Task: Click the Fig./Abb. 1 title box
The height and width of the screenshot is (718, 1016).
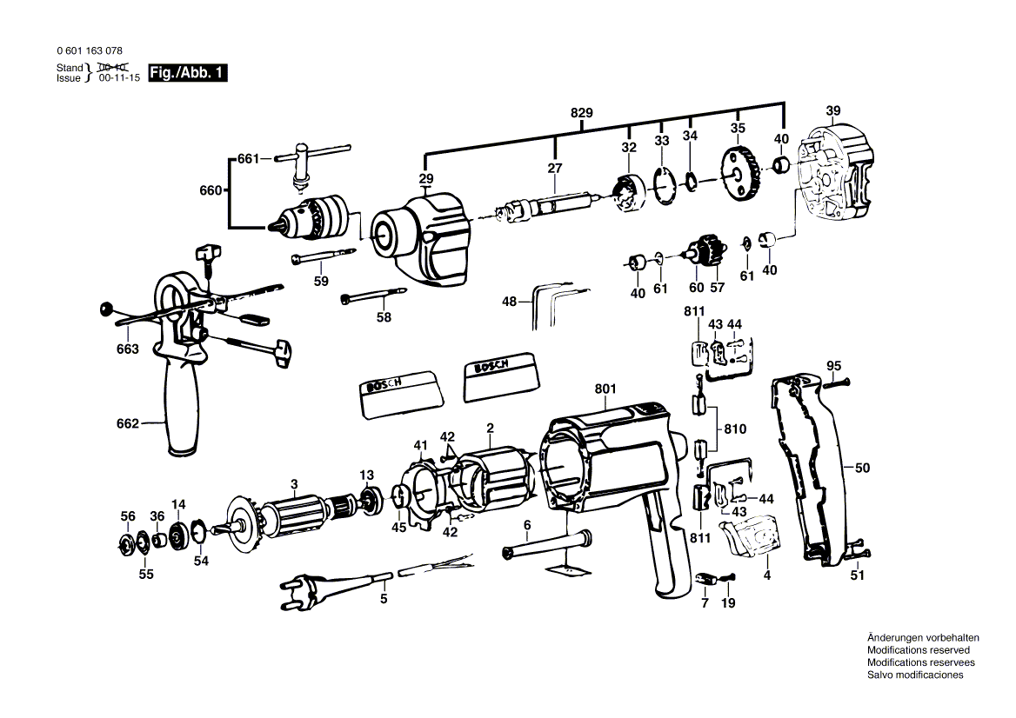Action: tap(188, 72)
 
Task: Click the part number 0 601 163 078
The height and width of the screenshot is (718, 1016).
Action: tap(90, 51)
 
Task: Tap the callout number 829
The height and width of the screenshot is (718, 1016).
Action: tap(581, 113)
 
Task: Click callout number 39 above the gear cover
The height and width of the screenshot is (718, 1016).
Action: tap(833, 110)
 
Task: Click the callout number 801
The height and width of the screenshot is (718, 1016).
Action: tap(605, 389)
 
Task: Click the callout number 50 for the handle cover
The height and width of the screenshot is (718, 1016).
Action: tap(862, 468)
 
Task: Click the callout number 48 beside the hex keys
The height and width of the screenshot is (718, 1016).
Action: tap(509, 301)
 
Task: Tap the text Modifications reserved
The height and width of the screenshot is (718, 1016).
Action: tap(919, 650)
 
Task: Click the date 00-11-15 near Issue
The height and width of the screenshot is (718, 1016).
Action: tap(119, 78)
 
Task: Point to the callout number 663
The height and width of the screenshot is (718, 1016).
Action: tap(128, 349)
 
